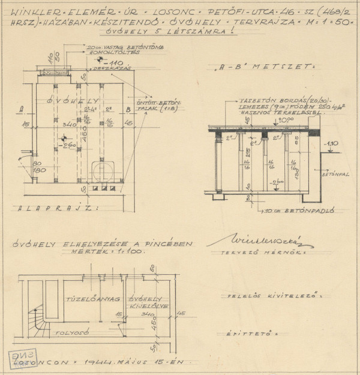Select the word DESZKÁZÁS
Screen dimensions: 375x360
(x=119, y=69)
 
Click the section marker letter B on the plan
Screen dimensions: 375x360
(x=128, y=110)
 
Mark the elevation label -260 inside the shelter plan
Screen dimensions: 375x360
(x=67, y=146)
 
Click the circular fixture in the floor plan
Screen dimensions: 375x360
(x=106, y=171)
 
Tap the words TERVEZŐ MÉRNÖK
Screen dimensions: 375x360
(x=260, y=254)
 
